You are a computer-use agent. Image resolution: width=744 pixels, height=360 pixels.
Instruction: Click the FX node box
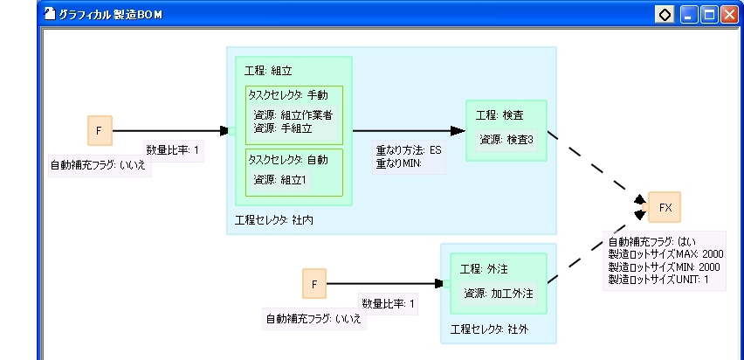665,207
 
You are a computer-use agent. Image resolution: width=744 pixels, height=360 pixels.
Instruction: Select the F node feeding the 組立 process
100,130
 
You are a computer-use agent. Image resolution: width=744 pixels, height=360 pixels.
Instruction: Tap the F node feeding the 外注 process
314,283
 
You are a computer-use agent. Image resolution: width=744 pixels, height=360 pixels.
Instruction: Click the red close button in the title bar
729,15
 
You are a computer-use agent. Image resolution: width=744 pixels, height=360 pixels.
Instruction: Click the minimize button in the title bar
688,15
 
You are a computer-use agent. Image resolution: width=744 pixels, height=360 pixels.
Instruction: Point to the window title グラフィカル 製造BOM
110,15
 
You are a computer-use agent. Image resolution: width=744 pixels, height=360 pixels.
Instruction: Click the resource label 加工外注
499,293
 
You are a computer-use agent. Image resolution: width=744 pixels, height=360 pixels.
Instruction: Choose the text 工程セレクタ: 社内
274,220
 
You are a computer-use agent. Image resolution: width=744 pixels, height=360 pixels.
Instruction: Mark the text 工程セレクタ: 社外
489,329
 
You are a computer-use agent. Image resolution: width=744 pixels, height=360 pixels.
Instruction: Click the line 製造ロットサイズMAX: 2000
665,253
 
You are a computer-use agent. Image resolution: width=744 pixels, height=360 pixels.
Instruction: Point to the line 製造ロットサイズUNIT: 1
658,280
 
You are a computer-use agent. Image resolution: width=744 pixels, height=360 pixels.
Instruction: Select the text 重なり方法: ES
409,150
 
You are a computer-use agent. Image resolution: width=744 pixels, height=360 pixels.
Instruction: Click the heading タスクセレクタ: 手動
288,95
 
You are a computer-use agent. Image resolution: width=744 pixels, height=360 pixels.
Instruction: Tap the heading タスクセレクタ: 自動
288,160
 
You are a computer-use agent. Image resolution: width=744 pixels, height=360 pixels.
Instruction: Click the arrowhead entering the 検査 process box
458,130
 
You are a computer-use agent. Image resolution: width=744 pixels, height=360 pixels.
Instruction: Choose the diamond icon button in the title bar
665,15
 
